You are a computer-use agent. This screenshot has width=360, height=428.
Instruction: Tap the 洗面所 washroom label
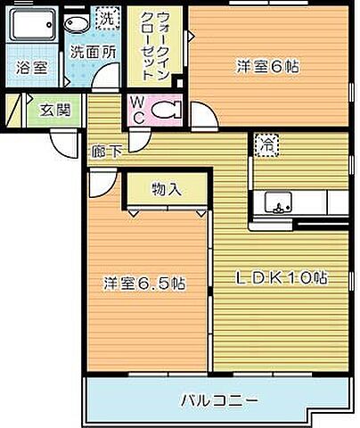point(93,53)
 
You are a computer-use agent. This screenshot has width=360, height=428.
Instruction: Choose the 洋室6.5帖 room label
point(143,284)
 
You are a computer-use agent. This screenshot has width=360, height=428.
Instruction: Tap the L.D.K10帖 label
point(281,277)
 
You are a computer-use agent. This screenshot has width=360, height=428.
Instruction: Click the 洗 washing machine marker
point(106,18)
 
